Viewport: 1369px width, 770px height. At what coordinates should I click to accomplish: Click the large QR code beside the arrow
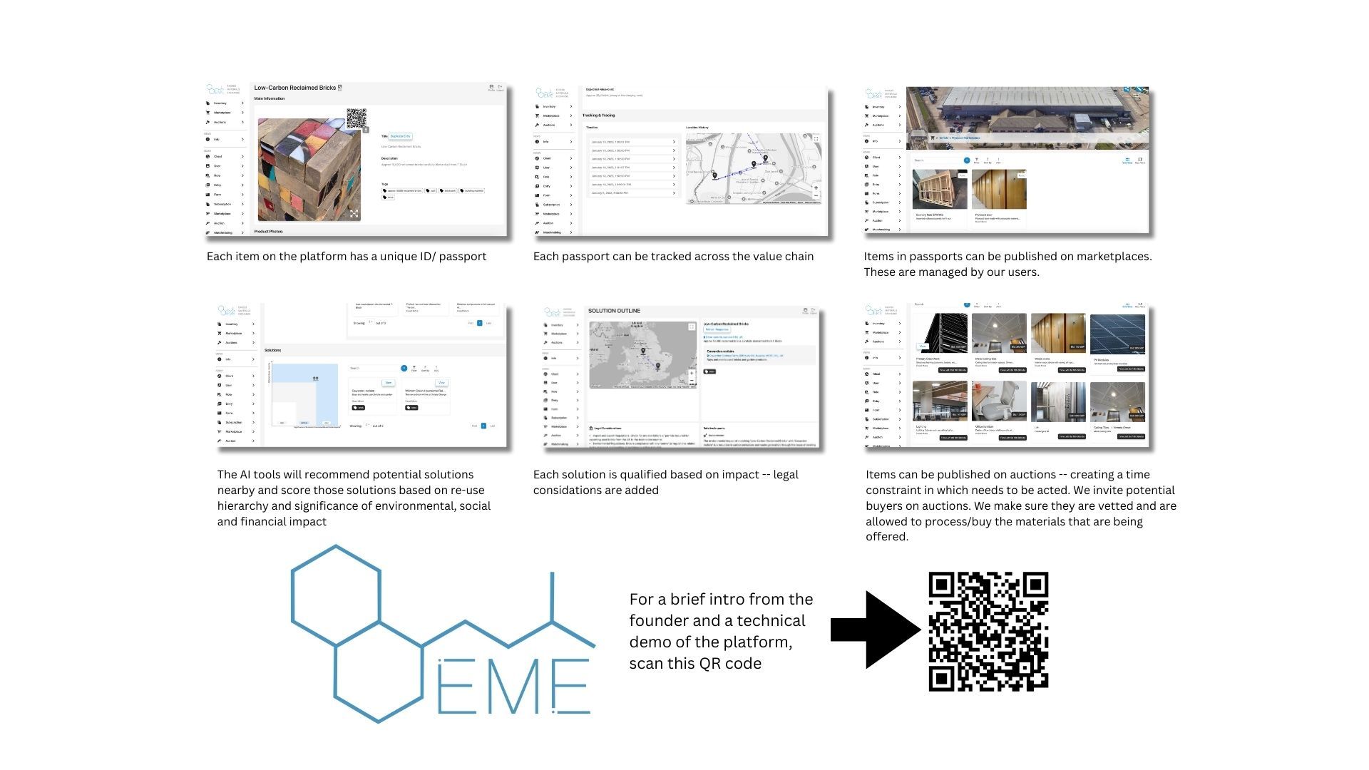pyautogui.click(x=988, y=631)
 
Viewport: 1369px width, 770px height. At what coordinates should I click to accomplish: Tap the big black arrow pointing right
pyautogui.click(x=876, y=630)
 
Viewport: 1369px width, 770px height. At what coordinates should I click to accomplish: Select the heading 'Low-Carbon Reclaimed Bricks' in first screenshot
pyautogui.click(x=294, y=88)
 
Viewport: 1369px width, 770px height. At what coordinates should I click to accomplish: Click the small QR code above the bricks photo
pyautogui.click(x=357, y=119)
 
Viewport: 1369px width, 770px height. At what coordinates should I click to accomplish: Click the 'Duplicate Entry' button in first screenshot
pyautogui.click(x=401, y=136)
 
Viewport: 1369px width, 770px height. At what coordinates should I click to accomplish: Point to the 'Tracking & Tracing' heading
pyautogui.click(x=598, y=115)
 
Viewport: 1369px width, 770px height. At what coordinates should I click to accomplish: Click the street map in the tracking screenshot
pyautogui.click(x=753, y=168)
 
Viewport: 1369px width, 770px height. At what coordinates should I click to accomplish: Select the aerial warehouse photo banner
pyautogui.click(x=1027, y=118)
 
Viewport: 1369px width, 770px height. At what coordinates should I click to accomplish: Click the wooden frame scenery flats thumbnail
pyautogui.click(x=940, y=189)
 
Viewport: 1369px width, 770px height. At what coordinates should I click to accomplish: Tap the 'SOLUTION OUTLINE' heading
pyautogui.click(x=614, y=311)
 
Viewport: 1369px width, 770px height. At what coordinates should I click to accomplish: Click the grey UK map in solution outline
pyautogui.click(x=642, y=355)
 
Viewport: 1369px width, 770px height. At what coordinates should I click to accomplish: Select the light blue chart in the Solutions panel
pyautogui.click(x=305, y=394)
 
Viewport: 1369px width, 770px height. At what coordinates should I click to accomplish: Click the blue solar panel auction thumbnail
pyautogui.click(x=1117, y=334)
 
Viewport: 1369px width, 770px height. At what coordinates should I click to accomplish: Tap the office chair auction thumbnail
pyautogui.click(x=999, y=401)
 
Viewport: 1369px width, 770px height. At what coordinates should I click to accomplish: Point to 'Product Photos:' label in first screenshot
pyautogui.click(x=269, y=232)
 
